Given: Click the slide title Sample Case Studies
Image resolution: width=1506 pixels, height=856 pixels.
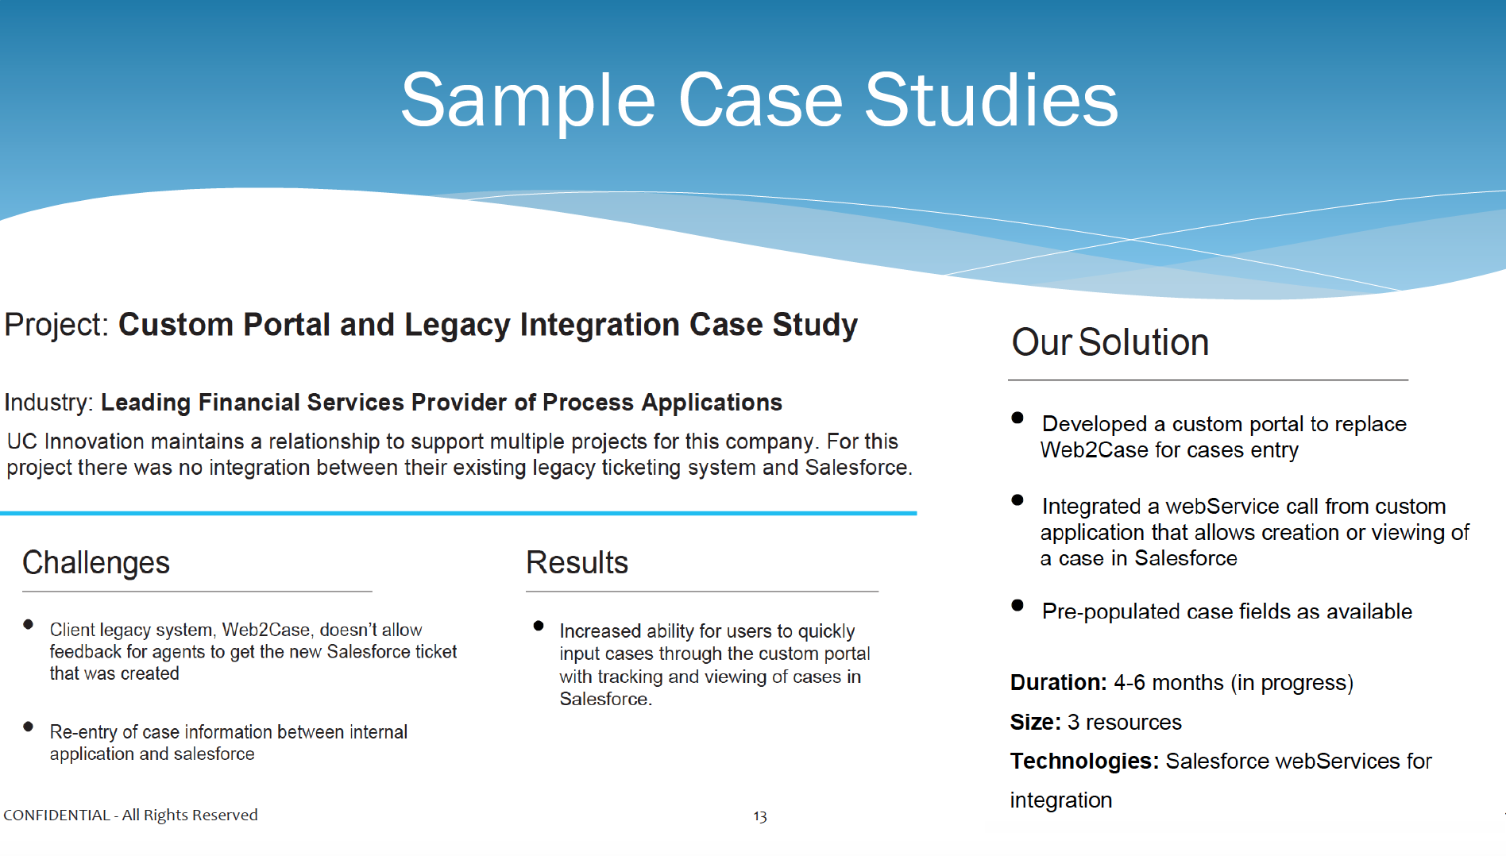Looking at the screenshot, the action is point(759,100).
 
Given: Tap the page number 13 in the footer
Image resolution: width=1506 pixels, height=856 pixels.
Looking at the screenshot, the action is point(760,816).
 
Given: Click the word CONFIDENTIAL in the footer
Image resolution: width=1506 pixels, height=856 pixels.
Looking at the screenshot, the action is point(56,815).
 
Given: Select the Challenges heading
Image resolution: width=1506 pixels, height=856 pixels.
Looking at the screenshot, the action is point(96,562).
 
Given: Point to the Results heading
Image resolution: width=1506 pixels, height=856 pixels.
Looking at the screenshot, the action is point(577,562).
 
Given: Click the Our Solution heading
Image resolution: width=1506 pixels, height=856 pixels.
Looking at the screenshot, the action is point(1110,342).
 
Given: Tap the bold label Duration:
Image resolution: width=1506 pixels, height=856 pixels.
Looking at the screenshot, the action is point(1058,682).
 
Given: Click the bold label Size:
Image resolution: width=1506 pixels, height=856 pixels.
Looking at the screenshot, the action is point(1035,722).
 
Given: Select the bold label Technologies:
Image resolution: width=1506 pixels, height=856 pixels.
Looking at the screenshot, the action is point(1084,761).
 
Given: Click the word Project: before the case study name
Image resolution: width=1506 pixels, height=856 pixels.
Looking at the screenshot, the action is point(56,325).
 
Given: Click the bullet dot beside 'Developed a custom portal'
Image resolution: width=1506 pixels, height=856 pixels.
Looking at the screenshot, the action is point(1018,418).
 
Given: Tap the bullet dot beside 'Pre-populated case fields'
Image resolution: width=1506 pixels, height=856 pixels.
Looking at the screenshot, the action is point(1018,605).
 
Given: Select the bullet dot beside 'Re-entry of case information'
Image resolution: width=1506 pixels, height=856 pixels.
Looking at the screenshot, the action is point(29,726).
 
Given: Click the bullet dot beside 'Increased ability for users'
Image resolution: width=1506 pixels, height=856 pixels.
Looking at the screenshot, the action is point(539,626).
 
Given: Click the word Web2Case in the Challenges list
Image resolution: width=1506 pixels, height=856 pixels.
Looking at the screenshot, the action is point(266,630).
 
